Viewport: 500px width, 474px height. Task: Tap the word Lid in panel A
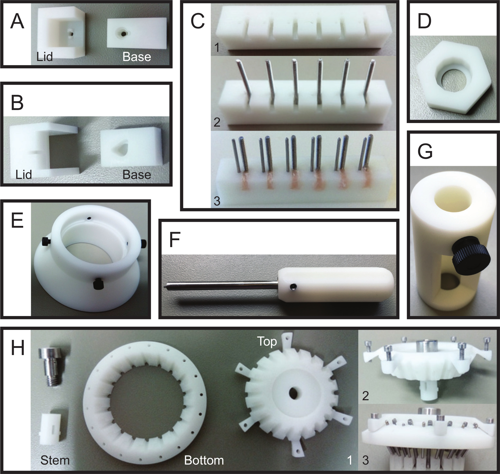tap(45, 56)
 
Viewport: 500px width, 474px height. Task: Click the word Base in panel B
tap(137, 175)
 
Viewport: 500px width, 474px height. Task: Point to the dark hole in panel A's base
tap(123, 33)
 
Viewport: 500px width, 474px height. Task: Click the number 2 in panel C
tap(217, 122)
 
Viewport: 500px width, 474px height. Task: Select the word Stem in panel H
tap(55, 460)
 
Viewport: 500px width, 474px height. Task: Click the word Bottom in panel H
tap(204, 460)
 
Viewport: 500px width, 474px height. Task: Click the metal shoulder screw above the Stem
tap(50, 366)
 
